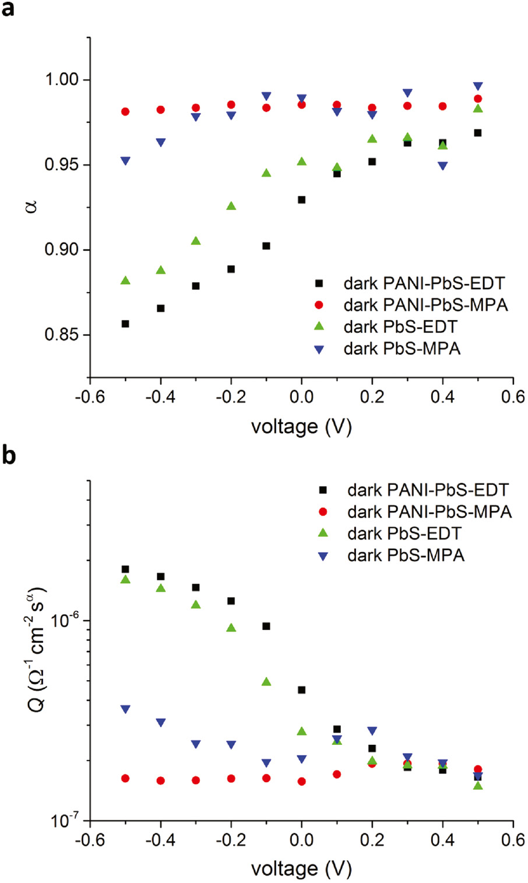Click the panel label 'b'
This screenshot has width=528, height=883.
(9, 455)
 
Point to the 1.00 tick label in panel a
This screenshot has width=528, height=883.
(62, 79)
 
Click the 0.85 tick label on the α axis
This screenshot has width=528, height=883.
(62, 335)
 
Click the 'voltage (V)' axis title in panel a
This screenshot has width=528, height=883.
(301, 427)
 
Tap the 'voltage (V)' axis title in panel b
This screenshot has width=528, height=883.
(301, 869)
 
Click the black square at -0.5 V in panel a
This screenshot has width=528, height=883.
(125, 324)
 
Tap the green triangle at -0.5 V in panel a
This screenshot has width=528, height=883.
(125, 281)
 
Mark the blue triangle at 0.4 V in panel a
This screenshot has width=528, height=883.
(443, 166)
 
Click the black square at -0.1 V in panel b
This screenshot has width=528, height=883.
(266, 626)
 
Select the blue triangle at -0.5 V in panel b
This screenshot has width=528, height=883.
(125, 709)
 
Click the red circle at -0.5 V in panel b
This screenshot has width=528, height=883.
(125, 778)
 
